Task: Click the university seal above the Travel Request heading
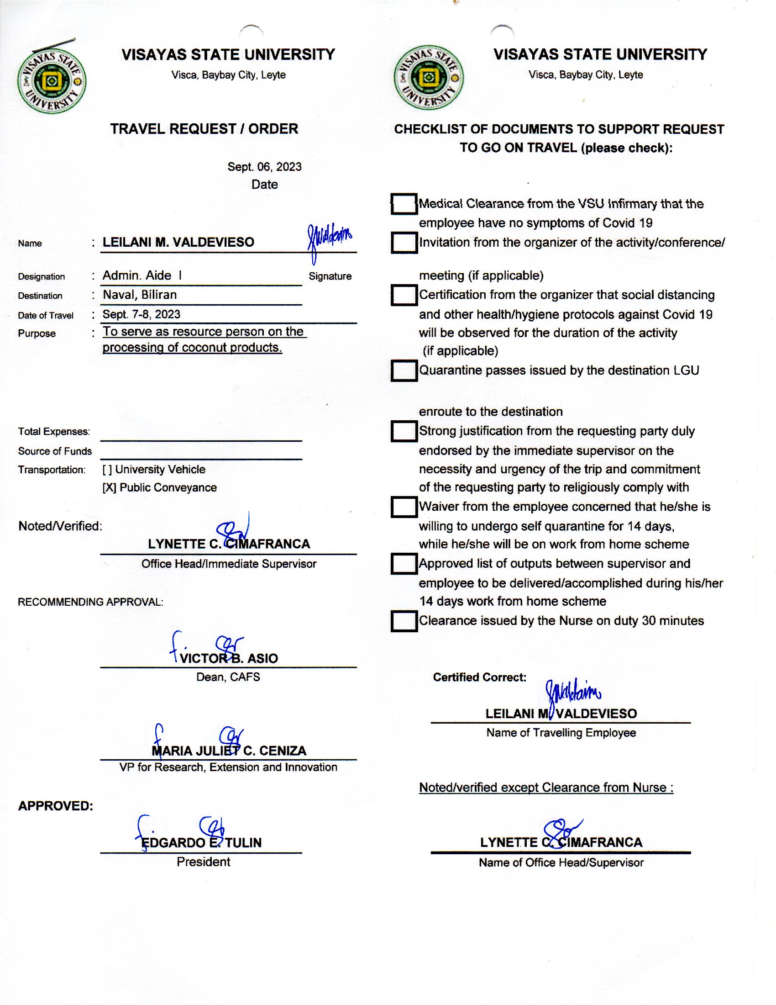tap(52, 81)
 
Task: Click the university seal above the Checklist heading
tap(429, 77)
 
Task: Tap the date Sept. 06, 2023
tap(264, 167)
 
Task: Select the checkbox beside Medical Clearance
tap(404, 204)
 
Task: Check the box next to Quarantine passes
tap(404, 371)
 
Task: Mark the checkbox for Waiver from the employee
tap(404, 507)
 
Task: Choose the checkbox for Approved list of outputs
tap(404, 564)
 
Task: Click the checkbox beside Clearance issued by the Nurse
tap(404, 621)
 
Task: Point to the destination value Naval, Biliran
tap(139, 295)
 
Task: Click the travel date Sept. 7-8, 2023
tap(141, 314)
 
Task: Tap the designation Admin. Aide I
tap(142, 275)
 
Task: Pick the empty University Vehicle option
tap(107, 470)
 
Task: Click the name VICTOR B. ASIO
tap(229, 658)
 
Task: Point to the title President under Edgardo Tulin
tap(203, 862)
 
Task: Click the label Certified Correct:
tap(479, 677)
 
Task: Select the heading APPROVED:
tap(56, 806)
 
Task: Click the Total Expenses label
tap(54, 432)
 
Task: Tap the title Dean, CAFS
tap(228, 677)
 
